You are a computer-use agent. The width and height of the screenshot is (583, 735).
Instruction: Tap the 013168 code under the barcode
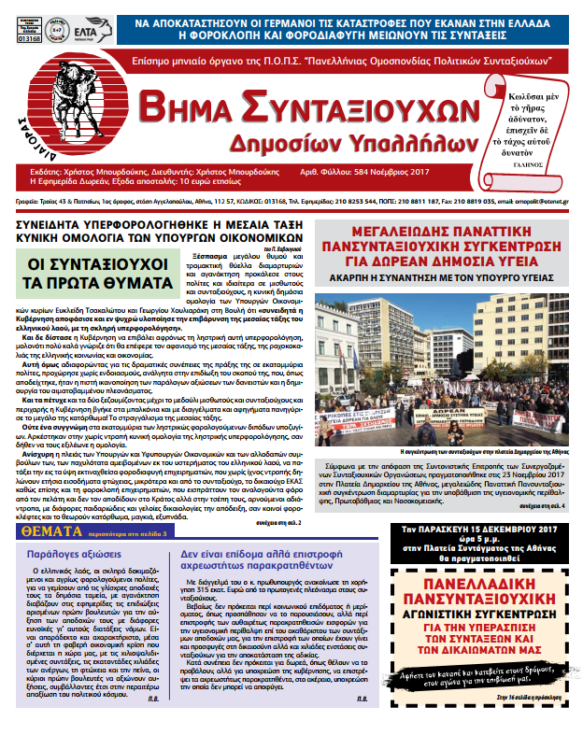pos(30,39)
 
